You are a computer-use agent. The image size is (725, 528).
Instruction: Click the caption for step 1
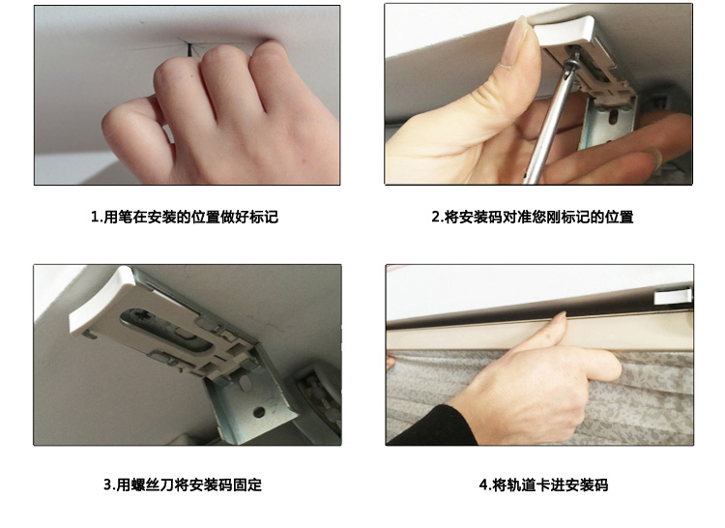(x=185, y=217)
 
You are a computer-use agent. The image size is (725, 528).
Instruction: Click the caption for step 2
(x=533, y=217)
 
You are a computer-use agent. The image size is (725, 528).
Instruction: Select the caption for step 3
(x=183, y=484)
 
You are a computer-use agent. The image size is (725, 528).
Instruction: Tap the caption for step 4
(x=543, y=484)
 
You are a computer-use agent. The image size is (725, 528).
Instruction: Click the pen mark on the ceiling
(x=188, y=48)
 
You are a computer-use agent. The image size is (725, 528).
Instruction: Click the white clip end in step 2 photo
(x=565, y=32)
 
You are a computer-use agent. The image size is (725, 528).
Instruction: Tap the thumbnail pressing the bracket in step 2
(x=520, y=35)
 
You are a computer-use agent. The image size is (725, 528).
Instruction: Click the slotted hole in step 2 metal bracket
(x=613, y=117)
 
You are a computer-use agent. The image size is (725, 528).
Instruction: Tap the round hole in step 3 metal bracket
(x=259, y=412)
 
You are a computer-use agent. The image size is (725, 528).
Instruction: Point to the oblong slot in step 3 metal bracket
(x=245, y=382)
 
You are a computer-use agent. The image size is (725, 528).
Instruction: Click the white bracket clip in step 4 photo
(x=674, y=296)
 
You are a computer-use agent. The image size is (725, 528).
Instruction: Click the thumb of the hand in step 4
(x=596, y=365)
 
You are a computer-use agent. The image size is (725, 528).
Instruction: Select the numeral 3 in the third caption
(x=107, y=485)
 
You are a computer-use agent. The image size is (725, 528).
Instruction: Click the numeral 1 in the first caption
(x=95, y=217)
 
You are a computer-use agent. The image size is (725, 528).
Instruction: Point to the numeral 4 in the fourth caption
(x=483, y=485)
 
